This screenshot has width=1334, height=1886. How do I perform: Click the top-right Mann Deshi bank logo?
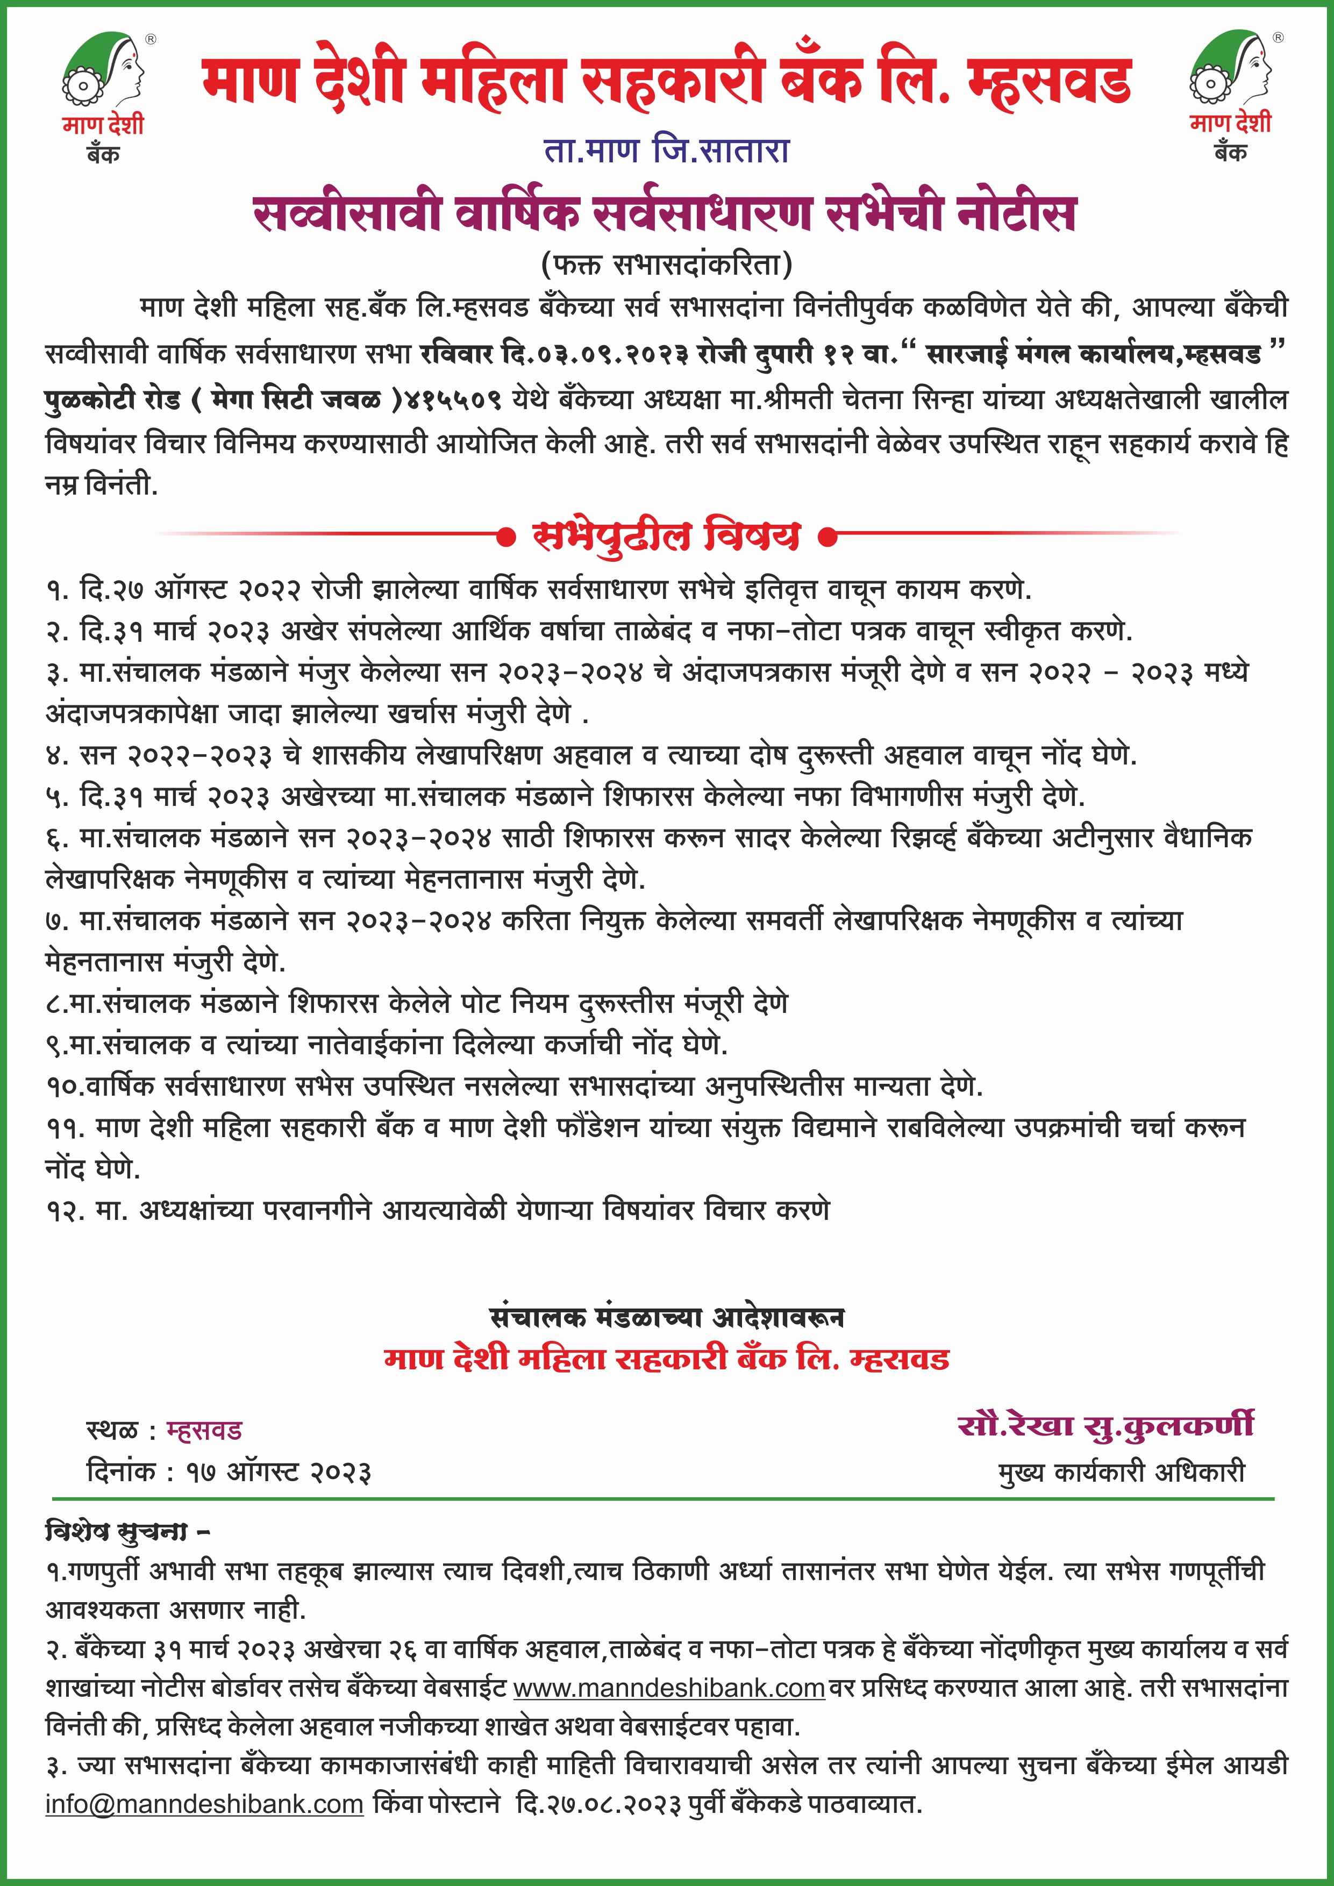(1231, 93)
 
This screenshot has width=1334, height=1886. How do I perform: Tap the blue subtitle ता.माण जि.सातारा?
(666, 151)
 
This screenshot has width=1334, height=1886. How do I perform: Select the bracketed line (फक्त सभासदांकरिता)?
(666, 265)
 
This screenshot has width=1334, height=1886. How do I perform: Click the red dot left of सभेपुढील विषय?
(507, 537)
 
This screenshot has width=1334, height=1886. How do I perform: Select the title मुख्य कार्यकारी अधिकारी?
(1121, 1471)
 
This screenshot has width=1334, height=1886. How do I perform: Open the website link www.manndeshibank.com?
(669, 1689)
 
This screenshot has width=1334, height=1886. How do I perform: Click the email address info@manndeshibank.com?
(204, 1805)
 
